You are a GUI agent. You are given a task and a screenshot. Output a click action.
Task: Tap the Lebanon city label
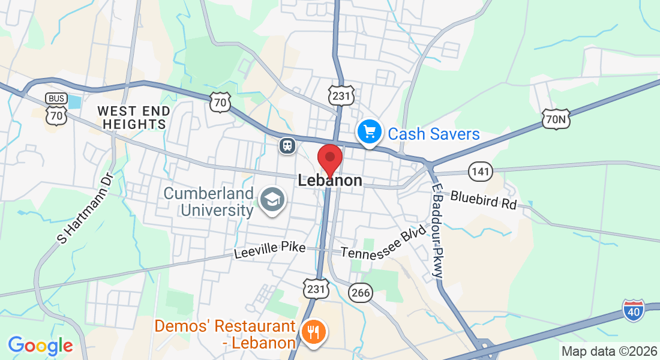click(330, 181)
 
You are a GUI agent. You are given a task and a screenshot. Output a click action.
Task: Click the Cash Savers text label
click(434, 134)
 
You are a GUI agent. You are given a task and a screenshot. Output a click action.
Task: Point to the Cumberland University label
click(208, 202)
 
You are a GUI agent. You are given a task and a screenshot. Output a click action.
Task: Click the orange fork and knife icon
click(313, 331)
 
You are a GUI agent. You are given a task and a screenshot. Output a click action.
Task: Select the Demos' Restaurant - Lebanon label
click(225, 334)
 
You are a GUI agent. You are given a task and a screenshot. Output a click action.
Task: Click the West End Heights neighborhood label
click(134, 118)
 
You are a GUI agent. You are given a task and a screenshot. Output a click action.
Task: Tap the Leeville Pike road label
click(269, 250)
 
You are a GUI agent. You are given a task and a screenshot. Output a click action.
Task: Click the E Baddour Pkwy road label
click(438, 230)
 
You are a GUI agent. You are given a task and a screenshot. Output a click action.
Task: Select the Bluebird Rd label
click(483, 200)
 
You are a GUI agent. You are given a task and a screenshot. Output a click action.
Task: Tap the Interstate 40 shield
click(634, 310)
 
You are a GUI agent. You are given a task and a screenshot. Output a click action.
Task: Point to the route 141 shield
click(481, 172)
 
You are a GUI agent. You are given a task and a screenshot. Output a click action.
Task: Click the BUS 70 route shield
click(56, 109)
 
